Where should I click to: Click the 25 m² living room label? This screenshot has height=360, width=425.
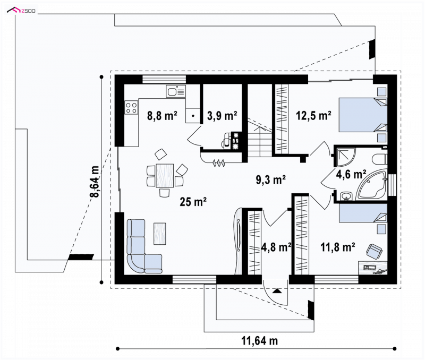coord(193,202)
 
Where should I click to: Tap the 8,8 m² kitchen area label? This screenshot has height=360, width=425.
coord(162,116)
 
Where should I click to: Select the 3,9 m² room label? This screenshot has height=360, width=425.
coord(222,116)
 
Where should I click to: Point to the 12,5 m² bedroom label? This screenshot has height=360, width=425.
coord(313,116)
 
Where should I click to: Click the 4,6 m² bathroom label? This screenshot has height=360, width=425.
coord(351,174)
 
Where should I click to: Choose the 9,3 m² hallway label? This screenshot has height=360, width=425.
coord(271,179)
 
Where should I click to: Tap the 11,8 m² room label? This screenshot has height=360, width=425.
coord(338,247)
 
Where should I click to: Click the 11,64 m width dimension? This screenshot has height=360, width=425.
coord(259,341)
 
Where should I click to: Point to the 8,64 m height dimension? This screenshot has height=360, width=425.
coord(96,182)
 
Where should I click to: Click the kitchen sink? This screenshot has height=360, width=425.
coord(176,91)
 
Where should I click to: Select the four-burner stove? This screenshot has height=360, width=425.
coord(131,107)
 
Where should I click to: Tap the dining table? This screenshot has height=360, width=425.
coord(165,176)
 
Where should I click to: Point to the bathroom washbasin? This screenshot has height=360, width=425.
coord(346,196)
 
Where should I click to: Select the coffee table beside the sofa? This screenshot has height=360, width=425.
coord(160,234)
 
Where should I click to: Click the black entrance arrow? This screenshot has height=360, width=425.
coord(277,291)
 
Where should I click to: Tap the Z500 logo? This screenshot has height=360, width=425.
coord(21,11)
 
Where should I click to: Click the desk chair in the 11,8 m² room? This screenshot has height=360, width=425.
coord(375,250)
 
